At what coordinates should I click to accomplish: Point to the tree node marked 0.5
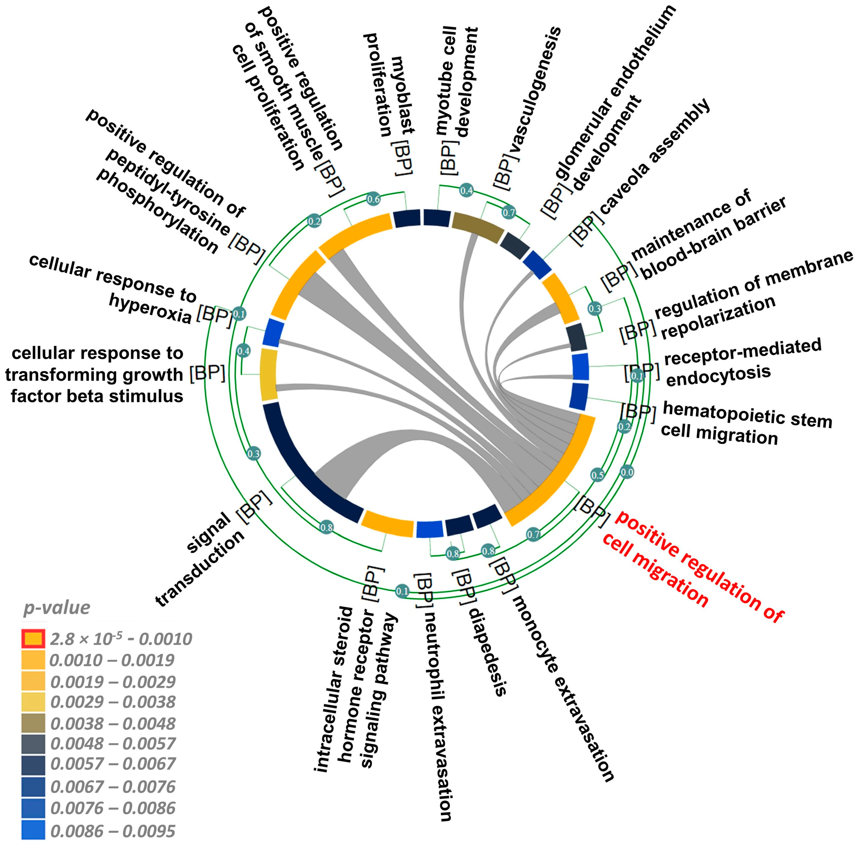pos(597,475)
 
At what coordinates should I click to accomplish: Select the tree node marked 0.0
pos(627,472)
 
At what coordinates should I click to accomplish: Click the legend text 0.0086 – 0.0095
pos(113,831)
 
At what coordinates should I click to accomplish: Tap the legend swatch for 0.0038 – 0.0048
pos(33,723)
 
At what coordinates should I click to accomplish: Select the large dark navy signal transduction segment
pos(306,462)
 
